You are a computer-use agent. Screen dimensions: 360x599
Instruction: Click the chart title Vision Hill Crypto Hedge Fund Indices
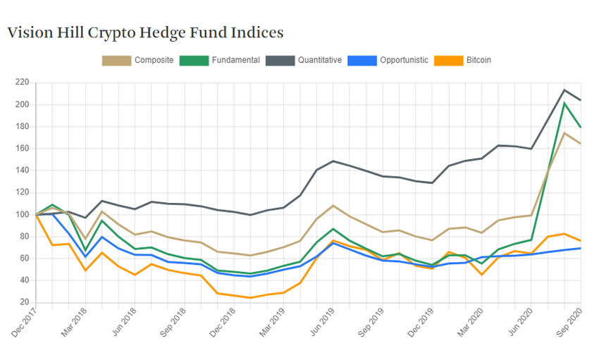[145, 32]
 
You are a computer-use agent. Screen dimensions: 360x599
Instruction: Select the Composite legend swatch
[116, 61]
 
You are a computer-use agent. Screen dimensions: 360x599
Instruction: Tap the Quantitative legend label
[319, 61]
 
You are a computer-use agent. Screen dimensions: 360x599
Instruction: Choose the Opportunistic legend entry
[404, 61]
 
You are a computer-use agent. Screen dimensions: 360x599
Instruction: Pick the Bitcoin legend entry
[478, 61]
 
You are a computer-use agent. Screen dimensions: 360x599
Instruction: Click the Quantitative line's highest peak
[564, 90]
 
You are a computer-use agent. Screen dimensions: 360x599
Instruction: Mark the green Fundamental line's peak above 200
[564, 104]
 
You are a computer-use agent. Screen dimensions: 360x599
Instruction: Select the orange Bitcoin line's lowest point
[250, 297]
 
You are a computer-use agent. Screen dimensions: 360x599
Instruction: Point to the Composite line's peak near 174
[564, 132]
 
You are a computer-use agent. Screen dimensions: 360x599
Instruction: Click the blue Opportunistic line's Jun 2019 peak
[333, 243]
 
